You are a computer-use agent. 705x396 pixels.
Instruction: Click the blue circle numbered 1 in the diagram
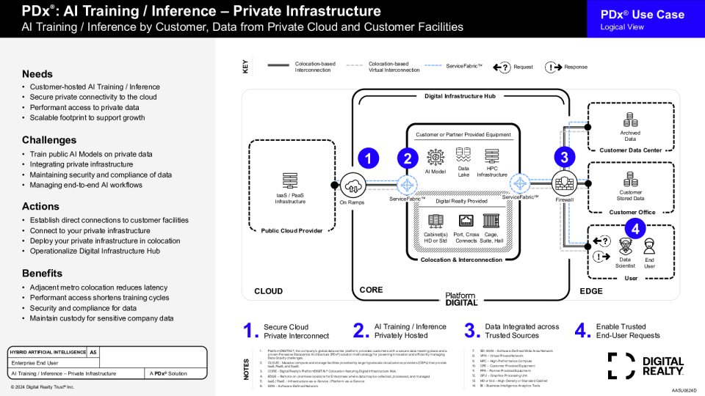(x=367, y=158)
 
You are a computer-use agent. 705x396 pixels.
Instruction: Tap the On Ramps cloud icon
(x=353, y=184)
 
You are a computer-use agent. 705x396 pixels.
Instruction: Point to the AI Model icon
(x=435, y=156)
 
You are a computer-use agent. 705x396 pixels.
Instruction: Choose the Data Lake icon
(x=463, y=154)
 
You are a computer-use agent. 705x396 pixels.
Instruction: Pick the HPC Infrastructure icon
(x=491, y=154)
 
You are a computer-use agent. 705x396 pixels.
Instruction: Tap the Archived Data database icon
(x=630, y=120)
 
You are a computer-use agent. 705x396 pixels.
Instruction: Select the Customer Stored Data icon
(x=630, y=180)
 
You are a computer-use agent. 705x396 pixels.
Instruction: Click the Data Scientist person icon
(x=625, y=246)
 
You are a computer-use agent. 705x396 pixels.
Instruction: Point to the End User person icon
(x=649, y=246)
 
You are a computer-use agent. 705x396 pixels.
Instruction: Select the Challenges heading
(x=49, y=140)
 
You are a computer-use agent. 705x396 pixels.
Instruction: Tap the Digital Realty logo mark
(x=621, y=366)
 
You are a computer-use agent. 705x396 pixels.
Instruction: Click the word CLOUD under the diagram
(x=268, y=291)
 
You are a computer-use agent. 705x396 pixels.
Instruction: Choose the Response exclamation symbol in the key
(x=553, y=67)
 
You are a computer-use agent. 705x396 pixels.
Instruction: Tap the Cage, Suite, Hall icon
(x=492, y=221)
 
